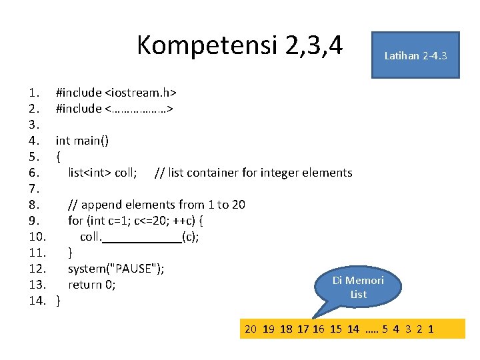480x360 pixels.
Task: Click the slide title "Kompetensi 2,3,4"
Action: (239, 46)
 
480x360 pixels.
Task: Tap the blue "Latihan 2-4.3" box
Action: (415, 55)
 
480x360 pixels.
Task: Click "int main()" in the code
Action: (83, 141)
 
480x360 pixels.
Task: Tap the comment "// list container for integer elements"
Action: (253, 173)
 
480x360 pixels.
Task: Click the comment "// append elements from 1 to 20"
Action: (157, 205)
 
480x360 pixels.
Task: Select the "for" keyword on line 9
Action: (75, 221)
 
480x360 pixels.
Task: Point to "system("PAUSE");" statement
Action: (116, 269)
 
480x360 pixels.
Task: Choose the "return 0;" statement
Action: (92, 285)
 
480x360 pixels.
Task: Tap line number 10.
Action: (37, 237)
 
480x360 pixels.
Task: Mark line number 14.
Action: (37, 301)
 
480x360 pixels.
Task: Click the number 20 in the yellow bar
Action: (251, 329)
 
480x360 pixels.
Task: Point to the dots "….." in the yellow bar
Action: (372, 329)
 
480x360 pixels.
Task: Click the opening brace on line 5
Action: (59, 157)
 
